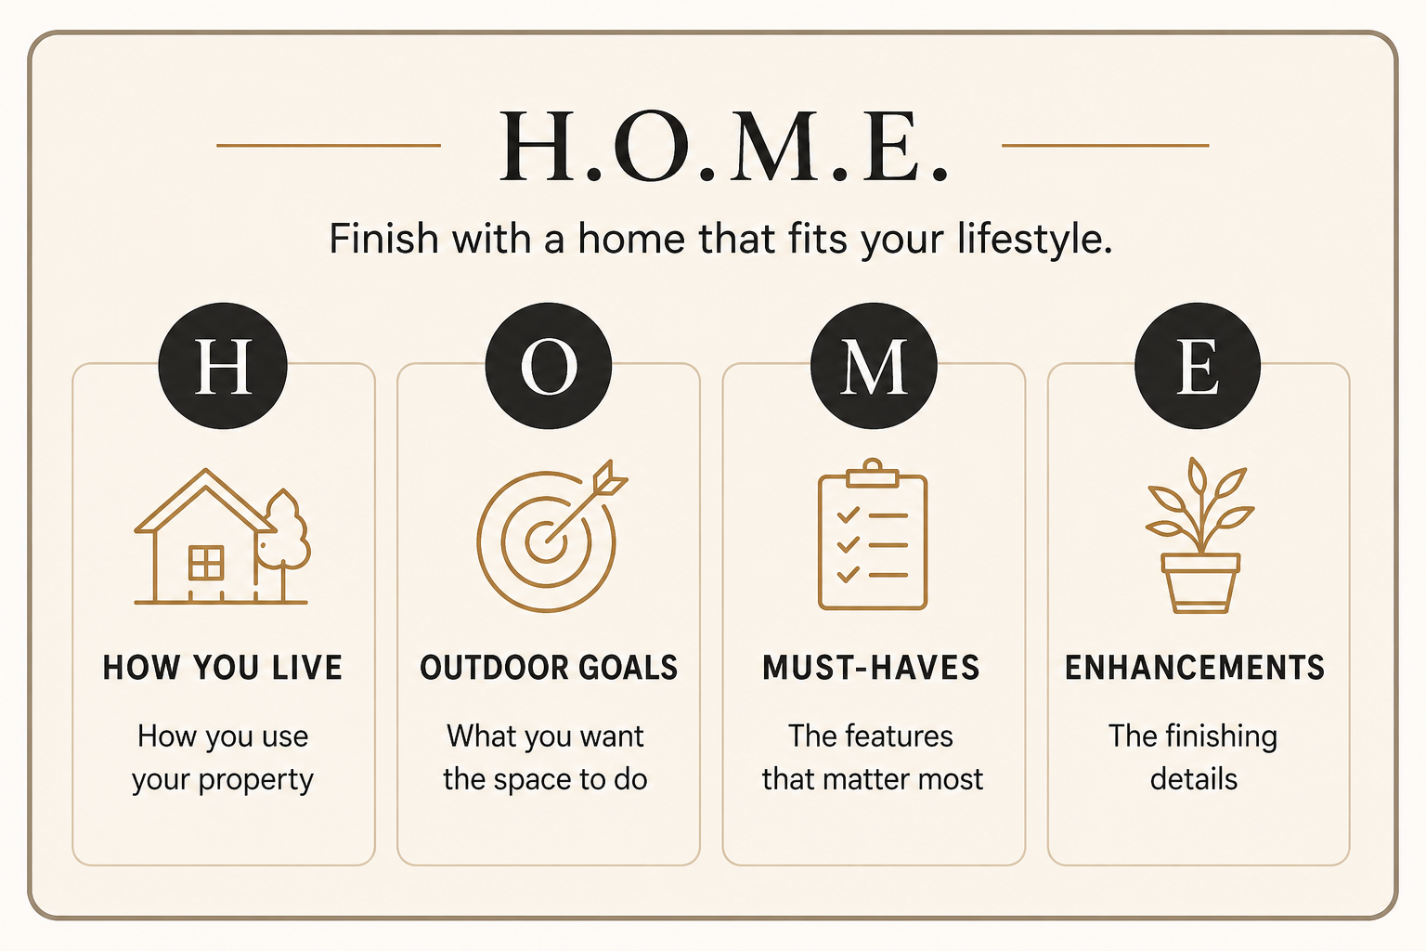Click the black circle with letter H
pos(223,366)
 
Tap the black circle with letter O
pos(549,366)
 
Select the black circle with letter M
pos(874,366)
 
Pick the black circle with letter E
pos(1198,366)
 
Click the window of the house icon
pos(206,563)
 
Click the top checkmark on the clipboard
pos(848,515)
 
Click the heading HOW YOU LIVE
pos(223,668)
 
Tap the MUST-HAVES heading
pos(871,668)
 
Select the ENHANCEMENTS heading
pos(1195,668)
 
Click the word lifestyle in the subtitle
pos(1035,241)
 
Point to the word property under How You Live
pos(256,781)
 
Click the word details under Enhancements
pos(1194,779)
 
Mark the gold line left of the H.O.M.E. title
pos(329,145)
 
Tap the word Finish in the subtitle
pos(383,239)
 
